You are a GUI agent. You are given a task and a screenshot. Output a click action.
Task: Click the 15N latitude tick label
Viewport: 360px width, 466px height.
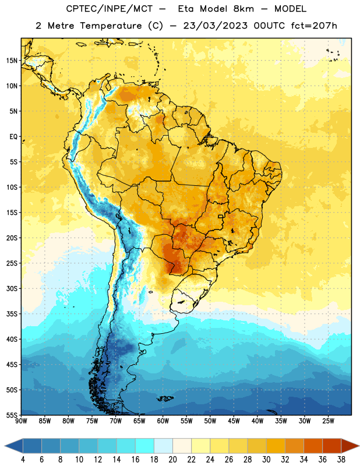pos(12,61)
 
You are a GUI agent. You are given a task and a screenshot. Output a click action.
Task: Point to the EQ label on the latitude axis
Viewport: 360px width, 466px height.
pos(13,137)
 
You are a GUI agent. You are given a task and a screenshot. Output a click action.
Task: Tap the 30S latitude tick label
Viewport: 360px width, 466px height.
pos(12,288)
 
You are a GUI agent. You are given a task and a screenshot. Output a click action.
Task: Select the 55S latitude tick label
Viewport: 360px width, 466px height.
pos(12,415)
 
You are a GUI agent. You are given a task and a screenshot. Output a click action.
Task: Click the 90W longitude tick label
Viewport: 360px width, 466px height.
pos(21,421)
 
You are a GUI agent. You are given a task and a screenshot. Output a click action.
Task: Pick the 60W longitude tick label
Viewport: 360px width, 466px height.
pos(163,421)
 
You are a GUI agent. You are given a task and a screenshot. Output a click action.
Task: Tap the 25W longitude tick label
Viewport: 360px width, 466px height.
pos(328,421)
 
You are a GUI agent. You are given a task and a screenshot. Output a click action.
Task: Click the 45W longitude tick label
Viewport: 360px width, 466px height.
pos(234,421)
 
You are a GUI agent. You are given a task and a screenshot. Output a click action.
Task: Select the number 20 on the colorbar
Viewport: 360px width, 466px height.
pos(172,460)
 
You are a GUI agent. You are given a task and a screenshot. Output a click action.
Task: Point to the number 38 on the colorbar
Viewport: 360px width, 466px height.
pos(341,460)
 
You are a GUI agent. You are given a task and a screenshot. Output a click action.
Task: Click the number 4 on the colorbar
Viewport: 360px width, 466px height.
pos(23,460)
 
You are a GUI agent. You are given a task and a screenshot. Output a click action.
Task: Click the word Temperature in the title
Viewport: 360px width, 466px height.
pos(111,26)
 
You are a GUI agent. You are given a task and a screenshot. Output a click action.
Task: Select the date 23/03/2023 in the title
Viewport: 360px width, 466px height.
pos(215,26)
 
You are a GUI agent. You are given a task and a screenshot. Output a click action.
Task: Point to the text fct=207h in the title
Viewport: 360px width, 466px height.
pos(314,26)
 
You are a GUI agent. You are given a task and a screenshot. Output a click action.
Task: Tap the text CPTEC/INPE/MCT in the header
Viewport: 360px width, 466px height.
pos(109,9)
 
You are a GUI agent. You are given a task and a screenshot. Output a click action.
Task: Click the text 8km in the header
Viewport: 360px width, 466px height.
pos(243,9)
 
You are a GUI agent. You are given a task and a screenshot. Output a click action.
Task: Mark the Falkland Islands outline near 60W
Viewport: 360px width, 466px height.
pos(165,398)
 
